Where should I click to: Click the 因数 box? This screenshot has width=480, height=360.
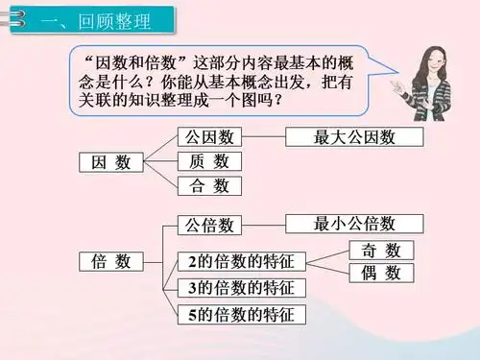pos(110,162)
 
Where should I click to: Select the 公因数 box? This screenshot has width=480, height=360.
pos(209,137)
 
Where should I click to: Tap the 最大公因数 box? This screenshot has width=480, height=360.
pos(355,137)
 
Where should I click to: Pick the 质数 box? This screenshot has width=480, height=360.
pos(209,161)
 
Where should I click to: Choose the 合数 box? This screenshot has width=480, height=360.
pos(209,186)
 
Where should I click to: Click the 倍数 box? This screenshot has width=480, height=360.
pos(110,261)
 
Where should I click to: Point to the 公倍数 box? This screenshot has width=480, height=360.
pos(209,226)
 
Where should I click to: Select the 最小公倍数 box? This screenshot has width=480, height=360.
pos(355,225)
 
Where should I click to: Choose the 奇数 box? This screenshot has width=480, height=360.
pos(380,251)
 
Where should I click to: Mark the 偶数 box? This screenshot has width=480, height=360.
pos(380,274)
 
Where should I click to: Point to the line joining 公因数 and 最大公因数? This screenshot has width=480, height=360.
pos(264,137)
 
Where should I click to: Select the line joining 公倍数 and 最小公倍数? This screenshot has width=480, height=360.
pos(264,226)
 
